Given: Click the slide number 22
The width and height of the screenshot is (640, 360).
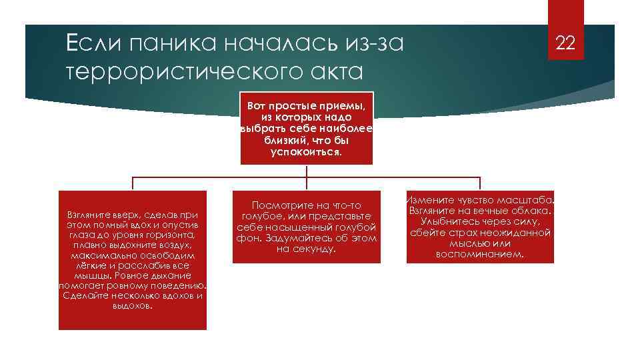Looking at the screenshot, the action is (x=565, y=44).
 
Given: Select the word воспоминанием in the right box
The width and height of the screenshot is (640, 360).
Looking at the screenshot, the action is (x=480, y=254).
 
